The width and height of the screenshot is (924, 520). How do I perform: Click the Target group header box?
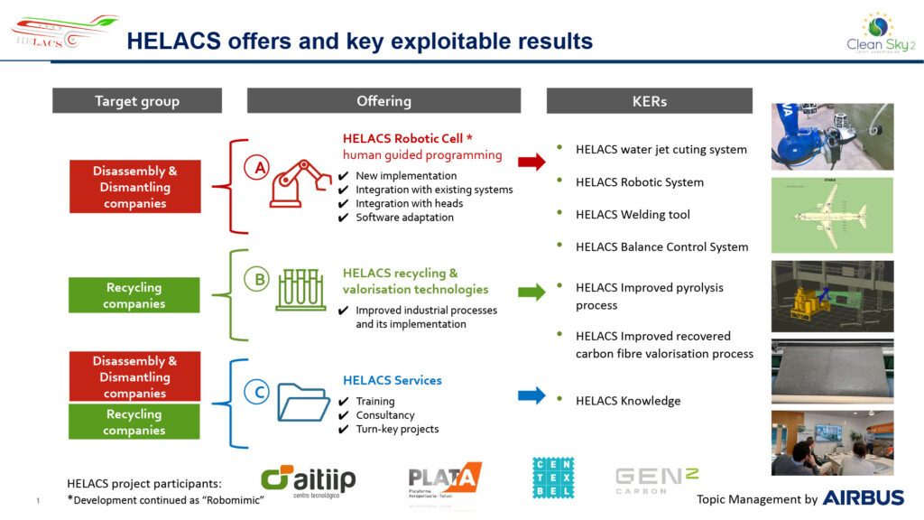tap(137, 101)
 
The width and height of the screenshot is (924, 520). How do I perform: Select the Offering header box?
tap(383, 101)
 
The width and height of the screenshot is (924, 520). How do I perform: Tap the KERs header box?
tap(649, 101)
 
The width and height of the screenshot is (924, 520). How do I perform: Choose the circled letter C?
tap(258, 393)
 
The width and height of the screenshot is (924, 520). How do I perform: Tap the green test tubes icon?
tap(301, 289)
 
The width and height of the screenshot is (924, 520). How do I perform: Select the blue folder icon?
tap(303, 402)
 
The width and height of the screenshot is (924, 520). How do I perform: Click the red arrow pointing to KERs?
tap(531, 162)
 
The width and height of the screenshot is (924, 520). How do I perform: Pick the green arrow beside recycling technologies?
tap(531, 292)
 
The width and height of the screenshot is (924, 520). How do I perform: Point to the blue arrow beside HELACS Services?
tap(531, 395)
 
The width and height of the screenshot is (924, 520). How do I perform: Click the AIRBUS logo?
tap(863, 497)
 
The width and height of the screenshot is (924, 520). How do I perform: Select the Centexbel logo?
tap(553, 478)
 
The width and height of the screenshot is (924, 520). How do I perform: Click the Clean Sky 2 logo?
tap(875, 33)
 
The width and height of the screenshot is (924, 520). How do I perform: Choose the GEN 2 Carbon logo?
tap(656, 478)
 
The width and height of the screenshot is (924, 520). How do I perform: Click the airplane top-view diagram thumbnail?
tap(832, 215)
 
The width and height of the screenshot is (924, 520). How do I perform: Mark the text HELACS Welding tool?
tap(633, 215)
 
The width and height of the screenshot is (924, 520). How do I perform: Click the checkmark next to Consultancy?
tap(343, 415)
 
